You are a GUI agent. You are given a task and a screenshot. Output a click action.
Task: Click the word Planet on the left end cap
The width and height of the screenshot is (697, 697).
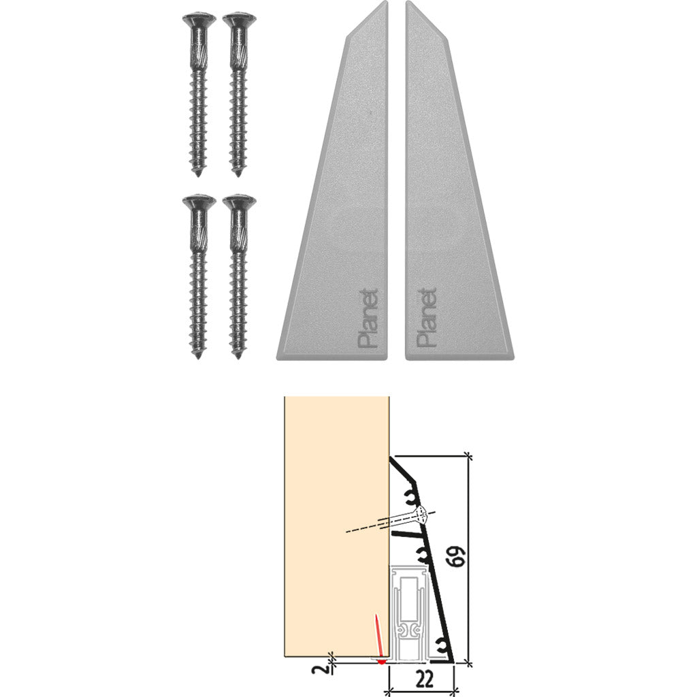click(368, 319)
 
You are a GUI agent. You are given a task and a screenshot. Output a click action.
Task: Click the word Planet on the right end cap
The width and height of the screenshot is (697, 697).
click(425, 319)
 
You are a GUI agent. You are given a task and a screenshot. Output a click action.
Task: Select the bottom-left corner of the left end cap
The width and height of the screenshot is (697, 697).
click(279, 356)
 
